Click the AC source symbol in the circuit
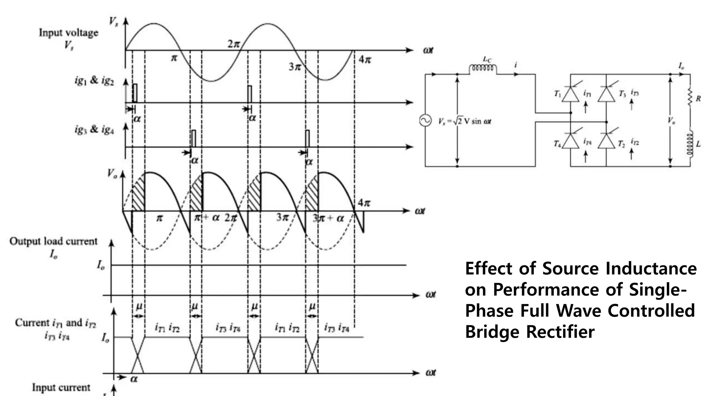pyautogui.click(x=425, y=121)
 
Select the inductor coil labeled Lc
pyautogui.click(x=483, y=68)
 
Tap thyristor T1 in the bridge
pyautogui.click(x=571, y=94)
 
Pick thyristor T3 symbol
pyautogui.click(x=606, y=94)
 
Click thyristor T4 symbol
pyautogui.click(x=571, y=141)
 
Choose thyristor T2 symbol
pyautogui.click(x=606, y=141)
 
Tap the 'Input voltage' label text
pyautogui.click(x=68, y=33)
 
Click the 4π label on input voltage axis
pyautogui.click(x=365, y=60)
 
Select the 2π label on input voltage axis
pyautogui.click(x=233, y=44)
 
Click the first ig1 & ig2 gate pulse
pyautogui.click(x=135, y=93)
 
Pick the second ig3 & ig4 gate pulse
pyautogui.click(x=307, y=139)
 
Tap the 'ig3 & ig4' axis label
pyautogui.click(x=94, y=130)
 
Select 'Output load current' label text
pyautogui.click(x=53, y=241)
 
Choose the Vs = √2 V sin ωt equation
pyautogui.click(x=464, y=121)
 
